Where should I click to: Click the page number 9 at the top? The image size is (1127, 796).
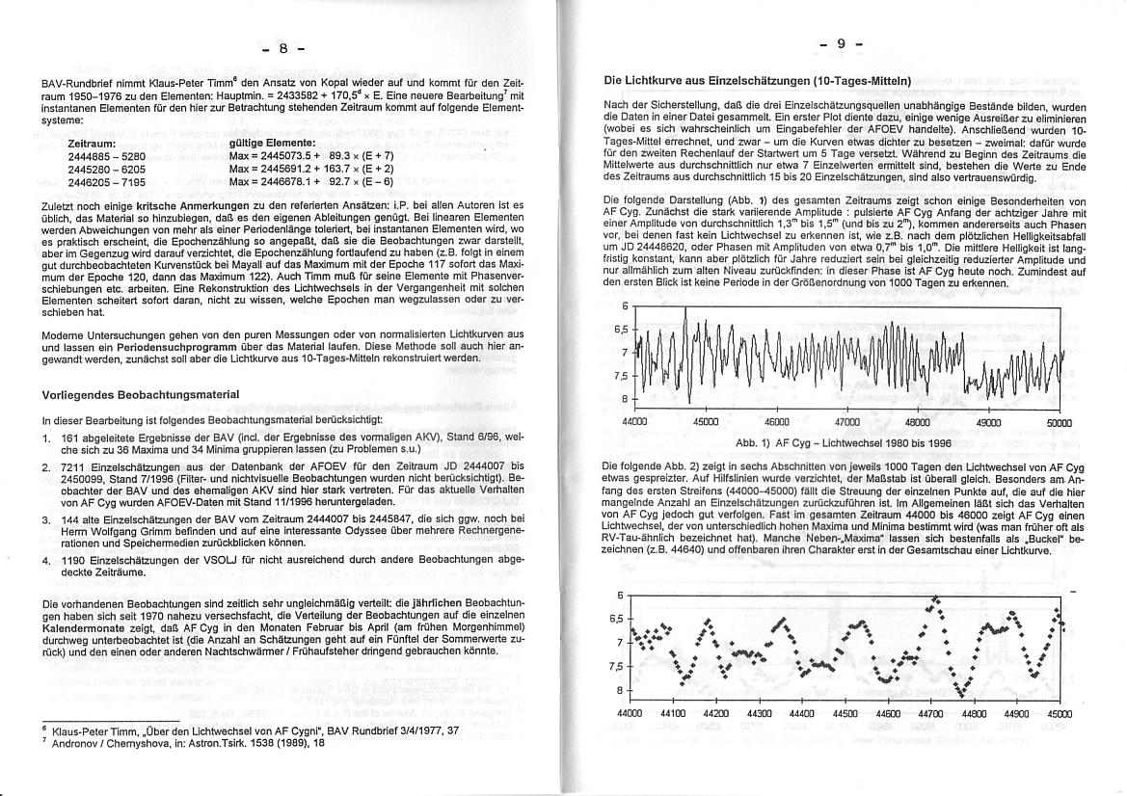(840, 44)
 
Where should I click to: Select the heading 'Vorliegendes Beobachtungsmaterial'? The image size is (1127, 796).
(141, 395)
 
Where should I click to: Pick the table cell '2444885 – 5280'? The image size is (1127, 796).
(106, 155)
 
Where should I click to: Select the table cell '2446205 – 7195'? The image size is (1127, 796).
(106, 180)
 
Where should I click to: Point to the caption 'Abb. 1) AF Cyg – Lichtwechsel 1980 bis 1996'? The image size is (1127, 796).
(844, 442)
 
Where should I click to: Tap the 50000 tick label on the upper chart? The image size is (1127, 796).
(1059, 422)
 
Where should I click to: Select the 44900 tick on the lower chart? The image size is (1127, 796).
(1017, 714)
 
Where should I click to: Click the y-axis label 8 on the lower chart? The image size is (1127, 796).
(622, 690)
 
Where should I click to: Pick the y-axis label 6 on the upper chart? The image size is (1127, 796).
(623, 306)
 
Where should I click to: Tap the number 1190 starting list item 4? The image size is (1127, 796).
(73, 560)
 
